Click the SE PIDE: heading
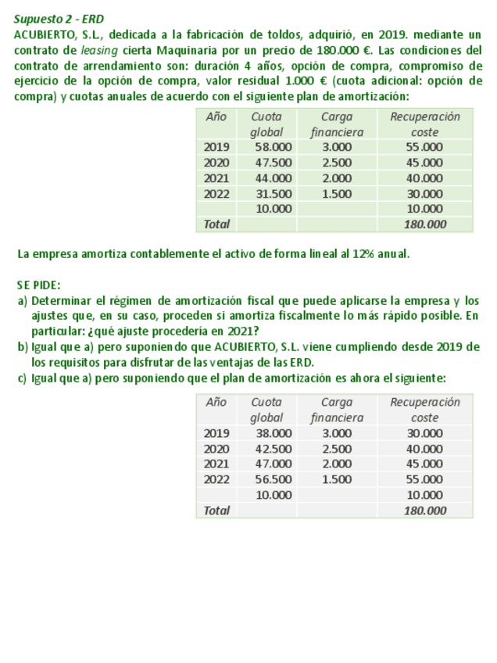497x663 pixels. tap(38, 285)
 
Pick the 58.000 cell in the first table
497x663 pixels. tap(274, 147)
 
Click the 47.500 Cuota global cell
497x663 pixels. tap(274, 163)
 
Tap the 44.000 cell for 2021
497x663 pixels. tap(274, 178)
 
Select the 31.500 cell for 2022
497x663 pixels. tap(274, 194)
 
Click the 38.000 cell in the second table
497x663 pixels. tap(274, 432)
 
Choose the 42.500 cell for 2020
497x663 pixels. tap(274, 449)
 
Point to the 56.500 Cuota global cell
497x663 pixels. tap(274, 479)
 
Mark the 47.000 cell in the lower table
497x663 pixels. tap(274, 464)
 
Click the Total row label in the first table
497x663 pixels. tap(216, 224)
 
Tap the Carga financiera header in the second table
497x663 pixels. tap(336, 410)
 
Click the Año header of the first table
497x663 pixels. tap(216, 116)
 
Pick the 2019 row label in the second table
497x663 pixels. tap(216, 432)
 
